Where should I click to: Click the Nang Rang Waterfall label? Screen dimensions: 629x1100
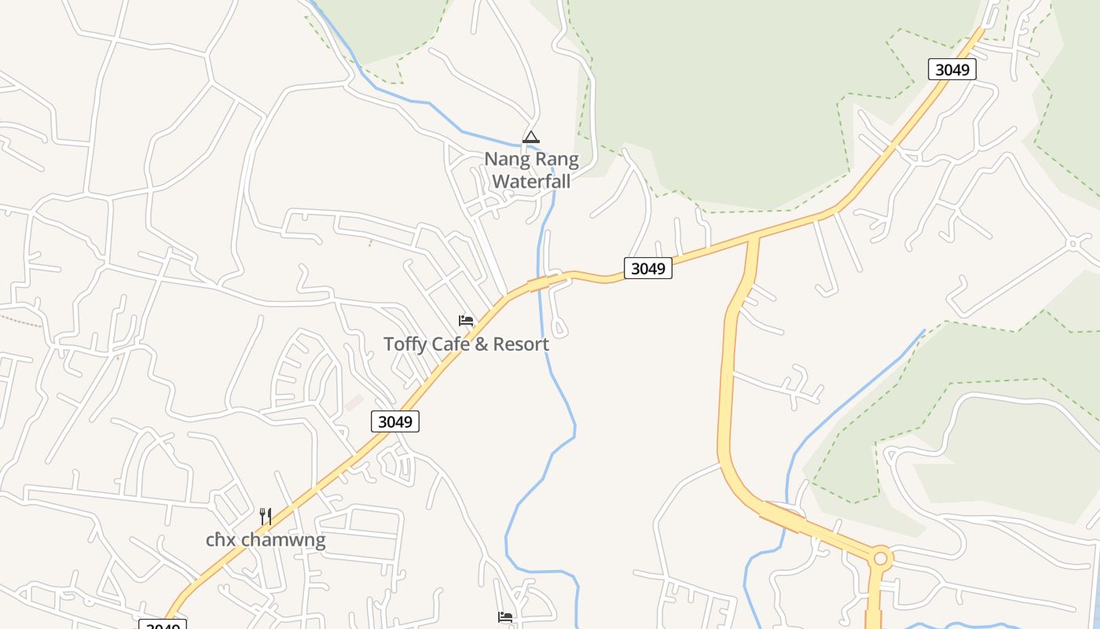point(531,170)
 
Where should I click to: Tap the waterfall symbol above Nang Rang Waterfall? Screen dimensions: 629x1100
point(531,138)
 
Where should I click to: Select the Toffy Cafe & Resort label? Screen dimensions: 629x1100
point(466,344)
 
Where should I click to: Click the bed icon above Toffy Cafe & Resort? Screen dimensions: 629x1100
point(466,321)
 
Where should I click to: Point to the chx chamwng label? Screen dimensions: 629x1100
point(266,540)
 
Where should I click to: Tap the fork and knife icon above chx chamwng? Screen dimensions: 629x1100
point(266,517)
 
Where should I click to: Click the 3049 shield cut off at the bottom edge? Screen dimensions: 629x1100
point(163,626)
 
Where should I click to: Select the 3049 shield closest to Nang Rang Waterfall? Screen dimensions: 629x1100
point(648,268)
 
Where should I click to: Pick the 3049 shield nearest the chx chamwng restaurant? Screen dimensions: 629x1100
point(395,421)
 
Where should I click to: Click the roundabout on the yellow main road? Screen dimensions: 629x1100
point(880,559)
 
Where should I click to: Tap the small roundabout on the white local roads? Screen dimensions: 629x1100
point(1074,244)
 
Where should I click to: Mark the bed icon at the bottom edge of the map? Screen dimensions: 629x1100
point(505,617)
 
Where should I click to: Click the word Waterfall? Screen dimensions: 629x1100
point(531,181)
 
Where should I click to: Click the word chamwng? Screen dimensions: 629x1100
point(283,540)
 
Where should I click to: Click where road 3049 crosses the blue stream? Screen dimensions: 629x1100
point(541,283)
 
